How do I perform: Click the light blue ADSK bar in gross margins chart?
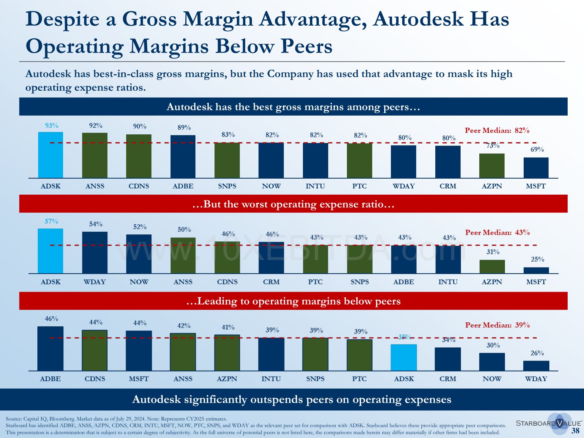click(51, 155)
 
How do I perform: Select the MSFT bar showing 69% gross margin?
click(536, 168)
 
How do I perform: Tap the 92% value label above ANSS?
click(95, 126)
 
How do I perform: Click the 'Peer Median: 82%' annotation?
click(497, 130)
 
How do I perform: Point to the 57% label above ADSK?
click(51, 222)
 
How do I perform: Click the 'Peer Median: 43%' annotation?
click(497, 232)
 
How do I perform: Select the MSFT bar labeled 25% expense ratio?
click(536, 270)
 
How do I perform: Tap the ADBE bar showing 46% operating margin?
click(50, 348)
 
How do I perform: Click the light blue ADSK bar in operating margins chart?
click(404, 357)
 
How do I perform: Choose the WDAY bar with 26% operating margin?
click(536, 366)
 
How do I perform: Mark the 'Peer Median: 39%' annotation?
click(497, 325)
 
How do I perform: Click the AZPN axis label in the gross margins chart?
click(492, 186)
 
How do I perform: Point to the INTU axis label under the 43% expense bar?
click(448, 282)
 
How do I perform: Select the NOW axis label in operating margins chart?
click(492, 379)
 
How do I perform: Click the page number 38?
click(575, 431)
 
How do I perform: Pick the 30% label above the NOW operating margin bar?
click(493, 345)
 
